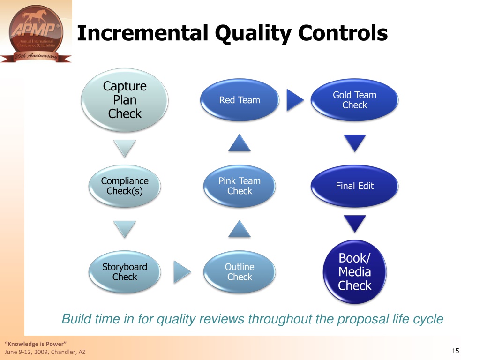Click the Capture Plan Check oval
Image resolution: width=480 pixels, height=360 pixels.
125,100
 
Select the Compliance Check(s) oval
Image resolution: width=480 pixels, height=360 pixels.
125,186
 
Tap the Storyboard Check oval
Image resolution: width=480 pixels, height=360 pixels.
125,272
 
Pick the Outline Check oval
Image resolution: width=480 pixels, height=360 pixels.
240,272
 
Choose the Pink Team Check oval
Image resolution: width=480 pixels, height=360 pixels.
240,186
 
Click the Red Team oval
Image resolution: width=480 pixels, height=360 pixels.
240,100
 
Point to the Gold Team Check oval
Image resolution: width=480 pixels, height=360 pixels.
354,100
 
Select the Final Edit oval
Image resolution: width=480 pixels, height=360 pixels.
354,186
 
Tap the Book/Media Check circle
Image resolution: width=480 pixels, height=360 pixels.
354,272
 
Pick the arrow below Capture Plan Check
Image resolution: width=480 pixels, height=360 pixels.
125,148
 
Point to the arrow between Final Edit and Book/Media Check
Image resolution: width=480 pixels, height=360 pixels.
354,223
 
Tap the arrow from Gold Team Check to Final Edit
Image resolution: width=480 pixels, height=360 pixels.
354,142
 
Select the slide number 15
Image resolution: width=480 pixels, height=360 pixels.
456,351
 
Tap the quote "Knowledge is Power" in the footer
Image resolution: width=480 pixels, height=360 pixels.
36,344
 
